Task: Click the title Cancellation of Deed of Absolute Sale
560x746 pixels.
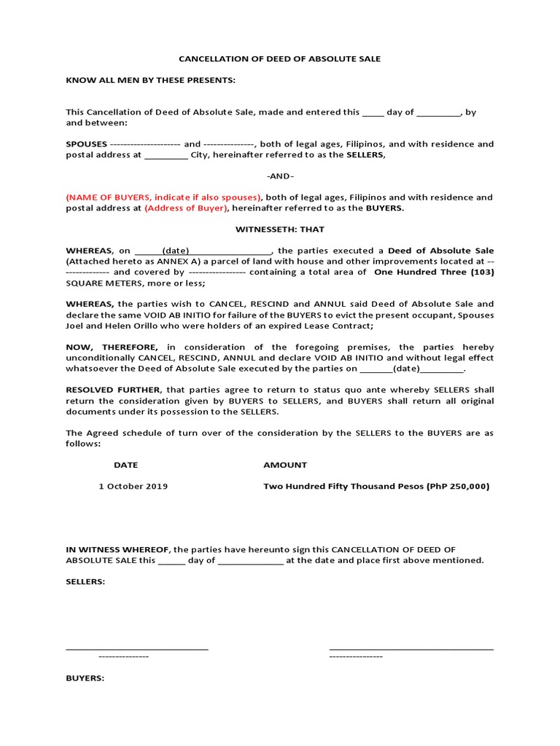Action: (x=280, y=59)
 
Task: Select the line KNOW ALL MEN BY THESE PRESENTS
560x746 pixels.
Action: (x=151, y=80)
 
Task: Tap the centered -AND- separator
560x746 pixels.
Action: (x=280, y=176)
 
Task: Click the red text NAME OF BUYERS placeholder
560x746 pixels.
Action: (x=163, y=197)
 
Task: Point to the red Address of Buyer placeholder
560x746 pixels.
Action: (x=187, y=208)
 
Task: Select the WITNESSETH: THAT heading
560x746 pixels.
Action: (x=280, y=229)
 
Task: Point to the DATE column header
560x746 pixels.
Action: (x=125, y=465)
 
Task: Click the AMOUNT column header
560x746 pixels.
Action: (x=285, y=465)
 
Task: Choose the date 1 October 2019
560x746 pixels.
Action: (x=133, y=487)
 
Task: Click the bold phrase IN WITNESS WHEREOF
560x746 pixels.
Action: (x=118, y=550)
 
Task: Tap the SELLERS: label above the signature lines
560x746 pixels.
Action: (x=85, y=582)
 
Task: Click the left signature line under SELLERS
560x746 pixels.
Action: (x=137, y=647)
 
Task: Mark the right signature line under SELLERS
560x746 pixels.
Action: (x=411, y=647)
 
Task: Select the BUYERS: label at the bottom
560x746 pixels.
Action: (x=85, y=678)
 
